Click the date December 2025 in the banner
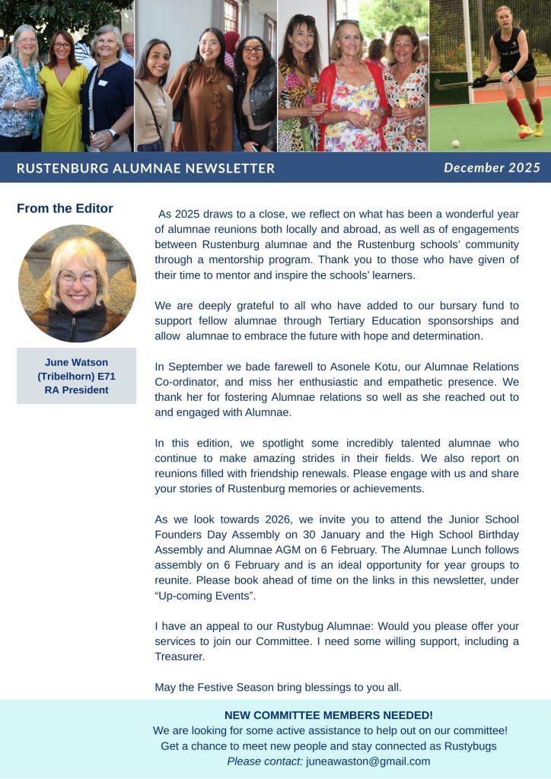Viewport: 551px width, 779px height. pyautogui.click(x=492, y=167)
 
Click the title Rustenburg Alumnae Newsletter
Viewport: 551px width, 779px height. pyautogui.click(x=145, y=168)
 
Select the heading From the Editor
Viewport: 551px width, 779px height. pyautogui.click(x=65, y=208)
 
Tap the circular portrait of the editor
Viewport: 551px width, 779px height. pyautogui.click(x=77, y=283)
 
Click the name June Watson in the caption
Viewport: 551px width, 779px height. pyautogui.click(x=76, y=361)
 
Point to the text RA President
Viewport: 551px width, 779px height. pyautogui.click(x=76, y=390)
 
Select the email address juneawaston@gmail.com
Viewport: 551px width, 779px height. pyautogui.click(x=368, y=761)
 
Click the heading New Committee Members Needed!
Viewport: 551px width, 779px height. pyautogui.click(x=329, y=715)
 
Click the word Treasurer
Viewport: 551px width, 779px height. pyautogui.click(x=180, y=657)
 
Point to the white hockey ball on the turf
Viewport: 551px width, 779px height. pyautogui.click(x=455, y=142)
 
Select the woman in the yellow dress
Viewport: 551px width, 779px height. pyautogui.click(x=64, y=91)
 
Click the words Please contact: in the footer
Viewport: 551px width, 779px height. pyautogui.click(x=265, y=761)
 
